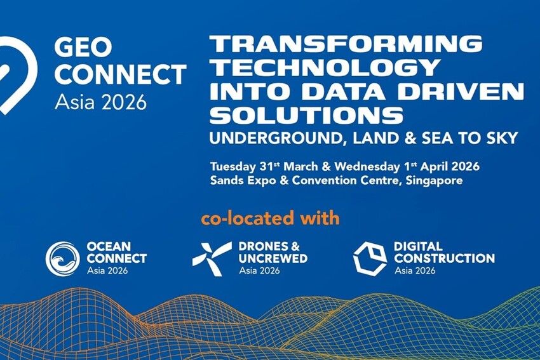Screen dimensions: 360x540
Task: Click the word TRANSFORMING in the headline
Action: coord(346,44)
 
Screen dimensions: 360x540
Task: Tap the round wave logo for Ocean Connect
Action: coord(62,258)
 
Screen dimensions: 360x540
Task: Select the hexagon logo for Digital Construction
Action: coord(370,258)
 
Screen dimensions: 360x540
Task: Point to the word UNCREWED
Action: coord(273,258)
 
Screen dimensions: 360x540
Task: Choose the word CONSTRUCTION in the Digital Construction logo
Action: coord(444,258)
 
